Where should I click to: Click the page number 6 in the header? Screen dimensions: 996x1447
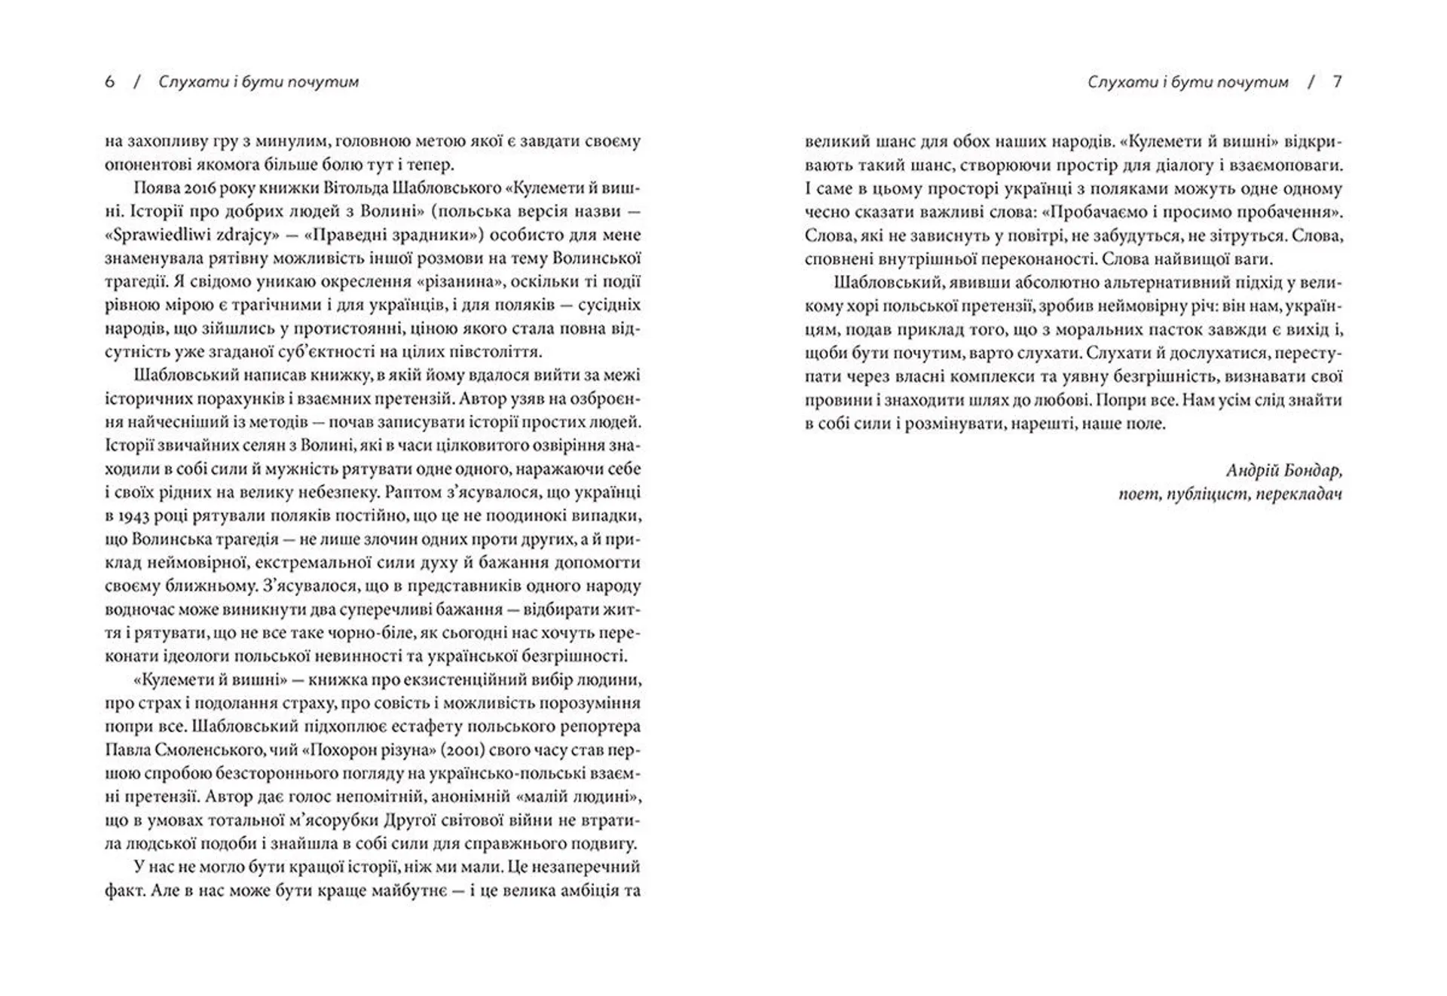coord(110,82)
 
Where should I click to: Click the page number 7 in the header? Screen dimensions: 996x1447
coord(1338,82)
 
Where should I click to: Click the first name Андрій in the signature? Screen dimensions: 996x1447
coord(1253,471)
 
